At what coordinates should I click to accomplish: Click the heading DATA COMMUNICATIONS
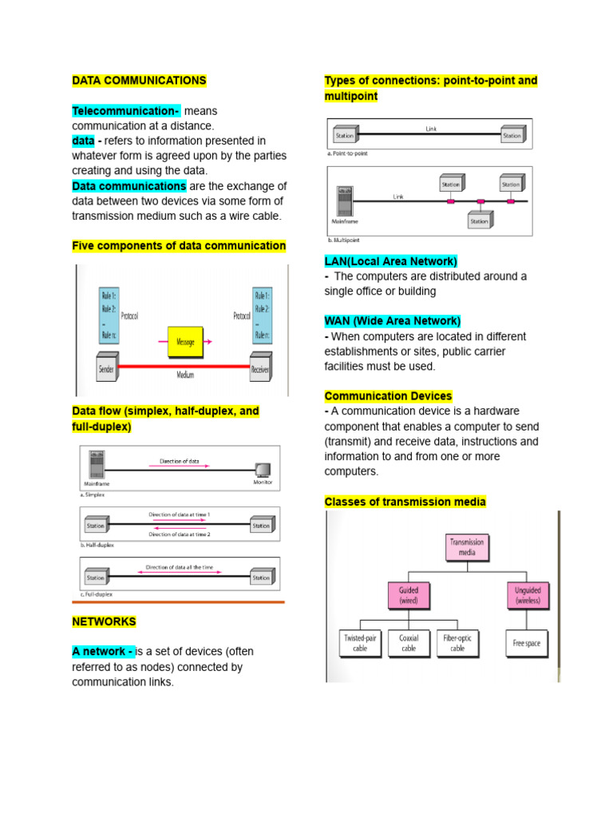click(139, 81)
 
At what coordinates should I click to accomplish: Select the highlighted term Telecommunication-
click(126, 110)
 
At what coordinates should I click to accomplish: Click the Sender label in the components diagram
click(106, 369)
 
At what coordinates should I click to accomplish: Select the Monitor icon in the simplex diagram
click(262, 471)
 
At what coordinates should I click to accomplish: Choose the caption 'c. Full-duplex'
click(98, 594)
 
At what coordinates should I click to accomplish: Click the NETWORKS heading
click(104, 621)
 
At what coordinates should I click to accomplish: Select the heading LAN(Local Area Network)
click(390, 261)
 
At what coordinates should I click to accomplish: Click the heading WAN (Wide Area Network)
click(392, 321)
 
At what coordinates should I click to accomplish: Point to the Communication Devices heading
click(388, 396)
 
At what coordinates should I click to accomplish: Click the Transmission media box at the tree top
click(467, 547)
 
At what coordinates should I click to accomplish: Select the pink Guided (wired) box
click(408, 595)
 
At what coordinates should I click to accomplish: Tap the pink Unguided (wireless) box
click(528, 595)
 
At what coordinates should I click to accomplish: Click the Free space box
click(527, 643)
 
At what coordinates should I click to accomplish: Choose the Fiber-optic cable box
click(457, 643)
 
